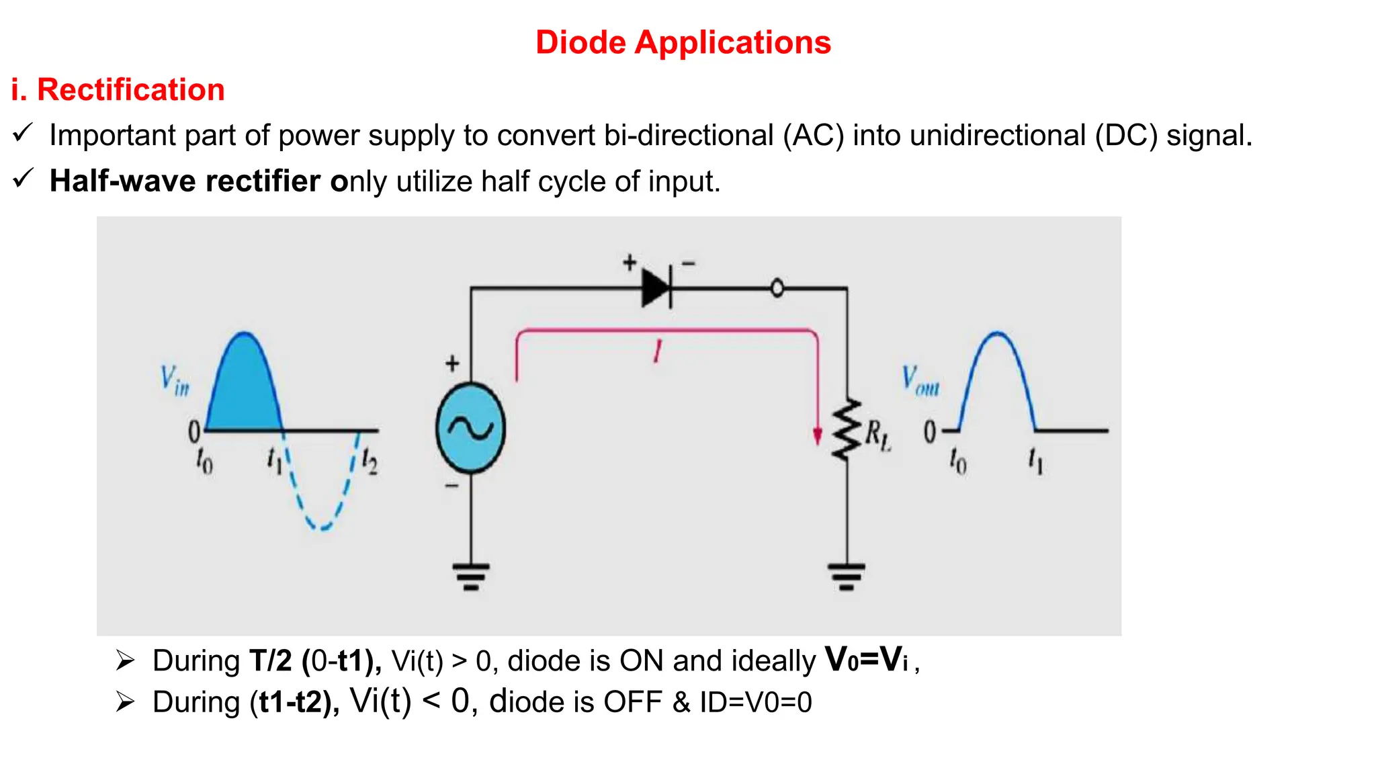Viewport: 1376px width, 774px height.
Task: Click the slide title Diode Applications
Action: [683, 42]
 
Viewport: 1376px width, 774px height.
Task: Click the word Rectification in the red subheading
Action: [130, 90]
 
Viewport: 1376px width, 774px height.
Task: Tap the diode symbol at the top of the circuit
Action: [656, 288]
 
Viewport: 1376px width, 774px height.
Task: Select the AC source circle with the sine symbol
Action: [470, 428]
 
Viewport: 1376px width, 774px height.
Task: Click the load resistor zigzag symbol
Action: [846, 430]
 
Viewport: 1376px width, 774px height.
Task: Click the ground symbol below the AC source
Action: [470, 576]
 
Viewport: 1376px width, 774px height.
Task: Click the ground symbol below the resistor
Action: [846, 576]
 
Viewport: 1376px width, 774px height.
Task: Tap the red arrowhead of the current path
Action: [817, 437]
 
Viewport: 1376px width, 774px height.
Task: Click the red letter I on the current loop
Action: [658, 351]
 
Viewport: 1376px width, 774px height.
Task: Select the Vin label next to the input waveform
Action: [174, 380]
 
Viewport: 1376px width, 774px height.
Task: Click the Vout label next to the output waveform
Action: [920, 380]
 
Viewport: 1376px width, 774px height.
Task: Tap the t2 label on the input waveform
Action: [370, 461]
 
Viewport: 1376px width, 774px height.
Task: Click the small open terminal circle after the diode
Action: [777, 289]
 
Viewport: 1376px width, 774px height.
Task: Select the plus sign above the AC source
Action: [452, 363]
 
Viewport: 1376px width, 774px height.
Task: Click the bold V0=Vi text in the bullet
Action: [866, 660]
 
